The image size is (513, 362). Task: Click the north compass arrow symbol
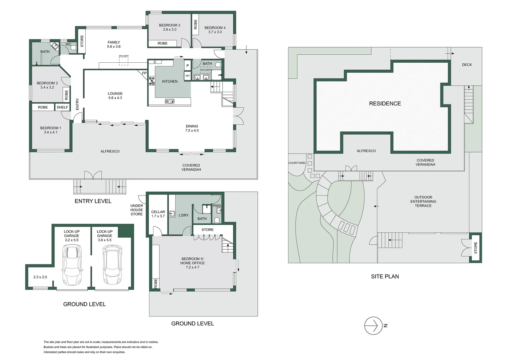(373, 325)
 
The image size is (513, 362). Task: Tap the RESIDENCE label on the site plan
(385, 104)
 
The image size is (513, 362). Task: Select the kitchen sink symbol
(170, 101)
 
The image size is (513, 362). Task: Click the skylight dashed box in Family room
(124, 61)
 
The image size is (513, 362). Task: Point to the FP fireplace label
(144, 73)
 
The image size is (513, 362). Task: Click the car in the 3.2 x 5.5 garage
(72, 265)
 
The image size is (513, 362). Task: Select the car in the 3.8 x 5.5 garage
(112, 265)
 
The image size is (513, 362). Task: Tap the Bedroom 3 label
(170, 25)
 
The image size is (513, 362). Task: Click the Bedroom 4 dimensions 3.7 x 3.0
(215, 32)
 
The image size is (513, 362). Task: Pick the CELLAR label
(158, 212)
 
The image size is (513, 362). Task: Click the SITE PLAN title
(385, 277)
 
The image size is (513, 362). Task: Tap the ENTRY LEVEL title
(93, 201)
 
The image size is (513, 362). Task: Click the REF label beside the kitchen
(187, 76)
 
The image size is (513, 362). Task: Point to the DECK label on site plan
(467, 65)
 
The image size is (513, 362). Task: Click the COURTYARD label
(297, 163)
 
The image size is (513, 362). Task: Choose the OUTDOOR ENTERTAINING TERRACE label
(423, 201)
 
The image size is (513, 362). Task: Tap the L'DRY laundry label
(183, 215)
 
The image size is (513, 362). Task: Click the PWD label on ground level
(217, 205)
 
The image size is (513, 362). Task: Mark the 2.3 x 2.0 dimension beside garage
(40, 277)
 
